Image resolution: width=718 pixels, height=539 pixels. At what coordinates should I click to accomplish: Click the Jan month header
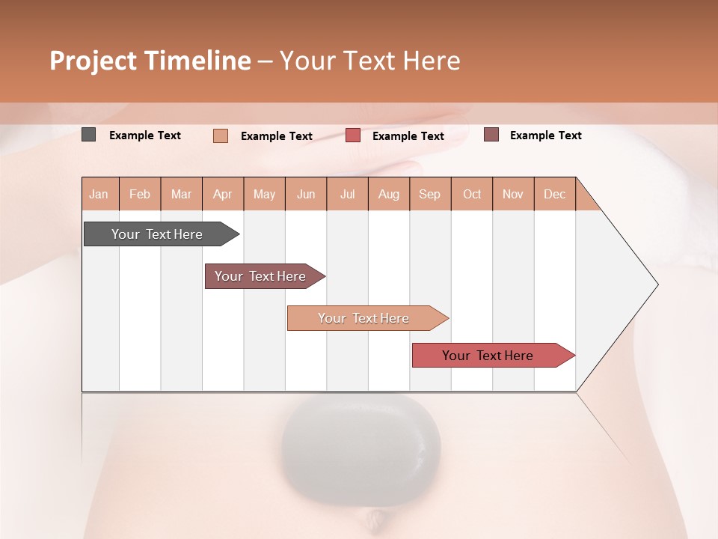99,194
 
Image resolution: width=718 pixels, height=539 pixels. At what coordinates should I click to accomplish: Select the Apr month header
222,194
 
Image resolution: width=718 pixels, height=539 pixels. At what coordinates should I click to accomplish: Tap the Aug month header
388,194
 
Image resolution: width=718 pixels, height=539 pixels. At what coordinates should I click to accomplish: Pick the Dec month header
554,194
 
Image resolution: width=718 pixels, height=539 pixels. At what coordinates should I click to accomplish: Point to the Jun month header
306,194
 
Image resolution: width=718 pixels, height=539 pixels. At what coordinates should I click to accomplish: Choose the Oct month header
472,194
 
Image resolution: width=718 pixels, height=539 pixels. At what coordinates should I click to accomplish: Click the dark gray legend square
88,135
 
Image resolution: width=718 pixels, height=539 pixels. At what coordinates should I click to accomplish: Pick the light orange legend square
221,135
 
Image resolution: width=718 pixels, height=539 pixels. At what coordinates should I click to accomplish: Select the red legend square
353,135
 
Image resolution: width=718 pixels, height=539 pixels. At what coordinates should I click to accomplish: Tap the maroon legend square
491,135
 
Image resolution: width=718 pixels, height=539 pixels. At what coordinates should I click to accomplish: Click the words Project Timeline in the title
150,61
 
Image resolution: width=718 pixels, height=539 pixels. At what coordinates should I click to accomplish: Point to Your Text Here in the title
369,61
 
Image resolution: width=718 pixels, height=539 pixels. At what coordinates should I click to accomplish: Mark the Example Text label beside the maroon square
545,135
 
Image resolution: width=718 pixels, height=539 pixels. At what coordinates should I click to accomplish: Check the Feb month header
140,194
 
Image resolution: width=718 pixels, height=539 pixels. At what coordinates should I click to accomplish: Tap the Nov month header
513,194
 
